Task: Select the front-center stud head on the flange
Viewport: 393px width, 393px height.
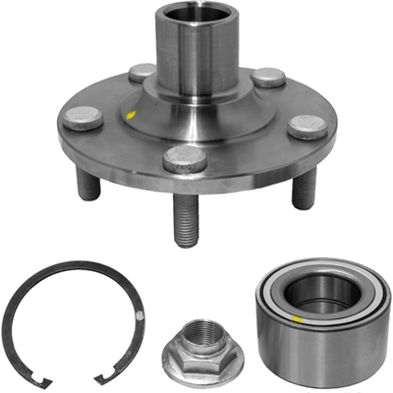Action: pos(185,158)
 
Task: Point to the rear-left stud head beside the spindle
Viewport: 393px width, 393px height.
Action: pos(141,72)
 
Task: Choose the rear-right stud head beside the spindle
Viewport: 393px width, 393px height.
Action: pos(268,77)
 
